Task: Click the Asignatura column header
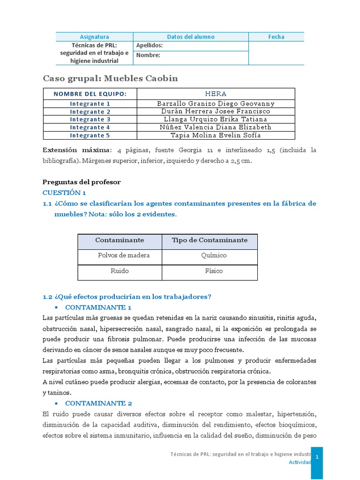coord(94,37)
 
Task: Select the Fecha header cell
coord(276,37)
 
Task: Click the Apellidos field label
coord(150,45)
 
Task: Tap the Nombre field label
coord(148,55)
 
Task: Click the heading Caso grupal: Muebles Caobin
coord(110,78)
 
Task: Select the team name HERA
coord(216,94)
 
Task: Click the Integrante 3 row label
coord(90,120)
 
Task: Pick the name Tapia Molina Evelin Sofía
coord(216,135)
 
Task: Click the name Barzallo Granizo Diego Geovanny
coord(216,104)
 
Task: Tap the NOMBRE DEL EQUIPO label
coord(90,94)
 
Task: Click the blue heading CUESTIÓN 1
coord(65,193)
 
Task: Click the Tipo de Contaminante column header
coord(210,240)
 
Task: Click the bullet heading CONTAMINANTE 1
coord(98,307)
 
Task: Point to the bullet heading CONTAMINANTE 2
coord(98,403)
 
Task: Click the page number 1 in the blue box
coord(317,457)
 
